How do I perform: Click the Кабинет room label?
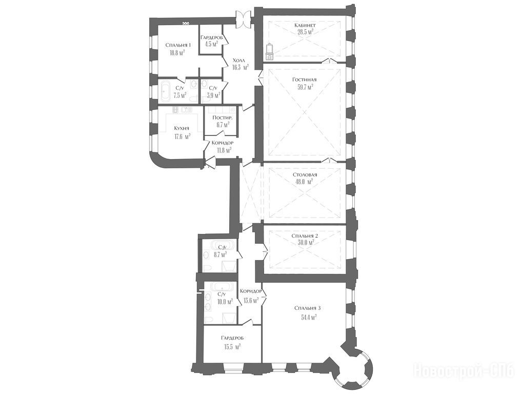(305, 25)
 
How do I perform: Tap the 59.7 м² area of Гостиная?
(306, 88)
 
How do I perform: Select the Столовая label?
(305, 175)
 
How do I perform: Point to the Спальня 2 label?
(305, 236)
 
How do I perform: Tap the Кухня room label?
(182, 129)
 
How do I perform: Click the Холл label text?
(238, 61)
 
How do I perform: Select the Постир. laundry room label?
(223, 118)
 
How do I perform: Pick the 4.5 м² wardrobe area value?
(211, 44)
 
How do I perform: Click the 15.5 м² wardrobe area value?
(232, 346)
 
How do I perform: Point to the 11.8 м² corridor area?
(224, 150)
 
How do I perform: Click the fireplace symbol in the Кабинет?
(269, 52)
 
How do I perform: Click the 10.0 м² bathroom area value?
(225, 302)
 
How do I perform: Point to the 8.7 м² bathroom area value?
(219, 255)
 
